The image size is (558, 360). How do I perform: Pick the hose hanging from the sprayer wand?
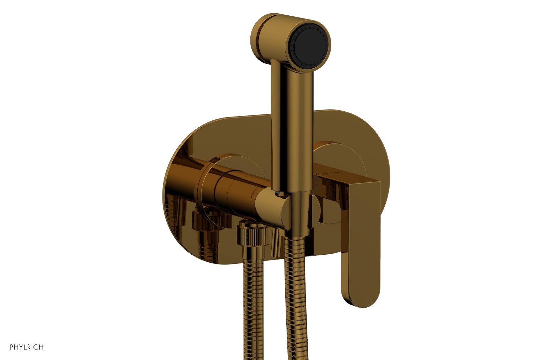[295, 297]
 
